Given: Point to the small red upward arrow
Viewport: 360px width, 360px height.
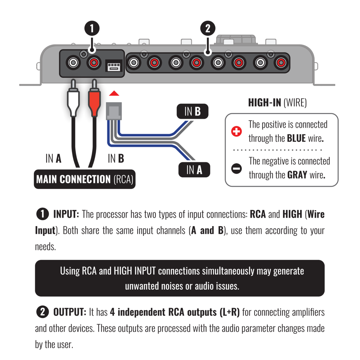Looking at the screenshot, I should point(114,94).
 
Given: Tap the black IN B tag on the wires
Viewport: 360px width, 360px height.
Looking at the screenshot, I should point(192,112).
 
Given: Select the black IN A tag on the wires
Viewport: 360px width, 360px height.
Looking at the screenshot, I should point(194,170).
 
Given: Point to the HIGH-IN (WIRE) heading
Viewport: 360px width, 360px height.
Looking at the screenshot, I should point(277,103).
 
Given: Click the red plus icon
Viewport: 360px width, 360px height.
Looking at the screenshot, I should point(236,132).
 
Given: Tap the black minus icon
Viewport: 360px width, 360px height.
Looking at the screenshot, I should point(236,168).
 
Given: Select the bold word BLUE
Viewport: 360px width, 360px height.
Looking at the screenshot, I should point(296,139).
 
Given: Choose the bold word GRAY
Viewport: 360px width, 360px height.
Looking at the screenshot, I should point(297,175).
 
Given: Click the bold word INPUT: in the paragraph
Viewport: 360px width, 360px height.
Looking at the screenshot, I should point(66,215).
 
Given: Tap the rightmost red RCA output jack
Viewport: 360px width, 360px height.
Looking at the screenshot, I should point(280,63).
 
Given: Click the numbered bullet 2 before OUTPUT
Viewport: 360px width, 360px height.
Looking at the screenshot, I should point(42,312).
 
